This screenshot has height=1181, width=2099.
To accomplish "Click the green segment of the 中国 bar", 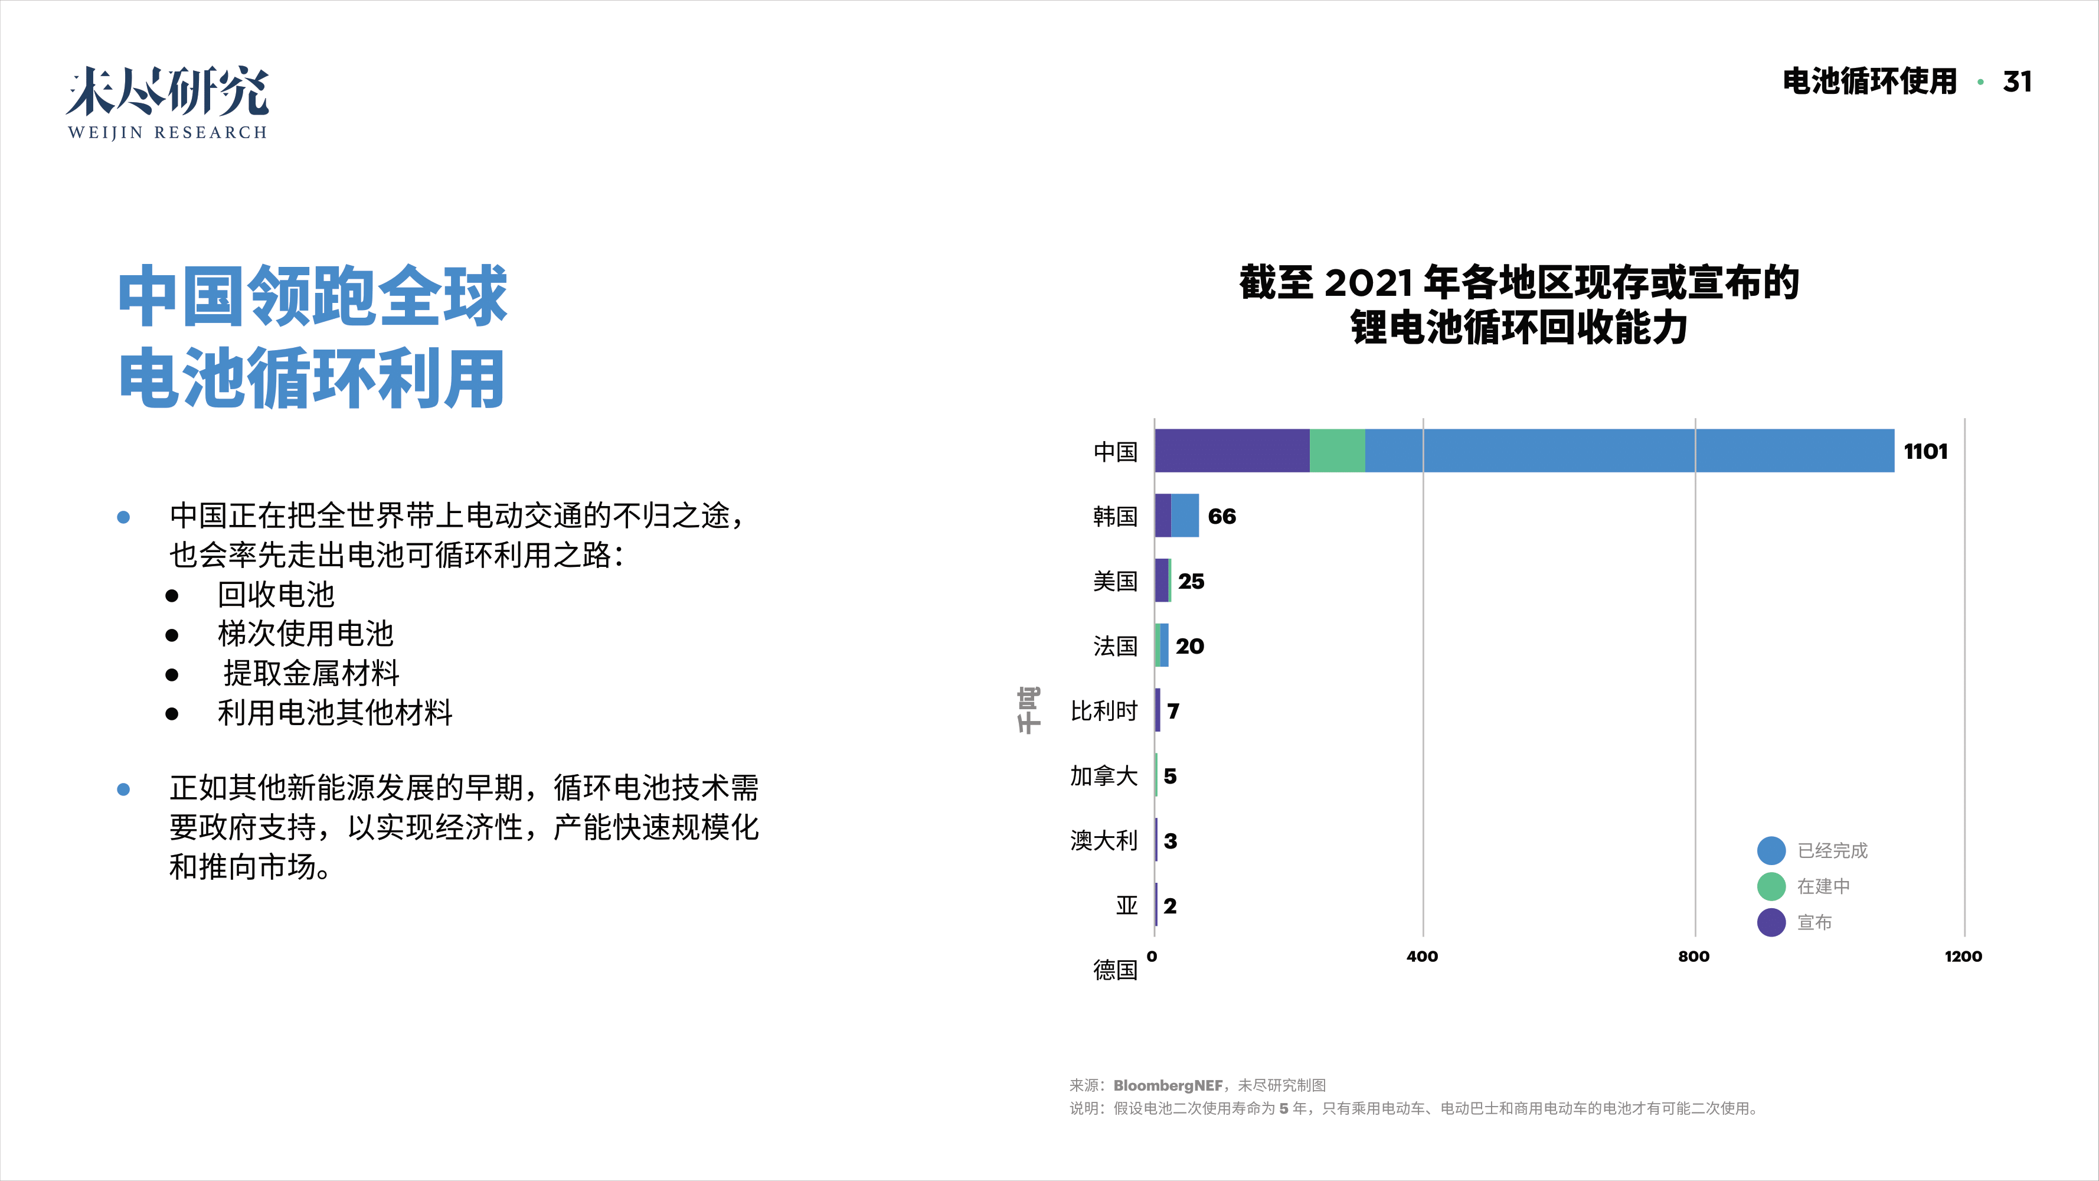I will click(x=1337, y=451).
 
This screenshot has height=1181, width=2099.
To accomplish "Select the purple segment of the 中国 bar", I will click(x=1231, y=451).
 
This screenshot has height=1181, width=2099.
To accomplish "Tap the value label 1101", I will click(x=1925, y=452).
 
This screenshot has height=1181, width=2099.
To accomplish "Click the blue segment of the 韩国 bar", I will click(x=1185, y=515).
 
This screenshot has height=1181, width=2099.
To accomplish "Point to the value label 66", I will click(x=1221, y=517).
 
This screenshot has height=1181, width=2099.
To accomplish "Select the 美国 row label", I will click(x=1114, y=581).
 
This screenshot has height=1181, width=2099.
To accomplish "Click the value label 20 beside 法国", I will click(x=1189, y=647).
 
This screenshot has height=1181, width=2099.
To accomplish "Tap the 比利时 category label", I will click(x=1103, y=711).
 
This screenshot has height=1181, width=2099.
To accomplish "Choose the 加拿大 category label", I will click(x=1103, y=776).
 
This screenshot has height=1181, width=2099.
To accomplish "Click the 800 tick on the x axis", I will click(x=1693, y=957).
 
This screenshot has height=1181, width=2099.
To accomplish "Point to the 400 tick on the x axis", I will click(x=1422, y=957).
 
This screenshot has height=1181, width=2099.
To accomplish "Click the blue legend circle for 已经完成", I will click(x=1771, y=850).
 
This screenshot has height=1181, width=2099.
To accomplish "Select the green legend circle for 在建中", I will click(x=1771, y=886).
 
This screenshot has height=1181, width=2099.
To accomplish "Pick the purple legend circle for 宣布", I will click(x=1771, y=922).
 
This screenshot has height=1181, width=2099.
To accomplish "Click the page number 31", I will click(x=2017, y=81).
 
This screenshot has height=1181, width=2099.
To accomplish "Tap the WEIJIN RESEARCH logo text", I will click(x=167, y=132).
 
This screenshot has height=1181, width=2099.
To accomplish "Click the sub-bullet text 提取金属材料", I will click(x=311, y=673).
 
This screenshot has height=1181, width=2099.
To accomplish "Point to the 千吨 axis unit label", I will click(x=1028, y=710).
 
